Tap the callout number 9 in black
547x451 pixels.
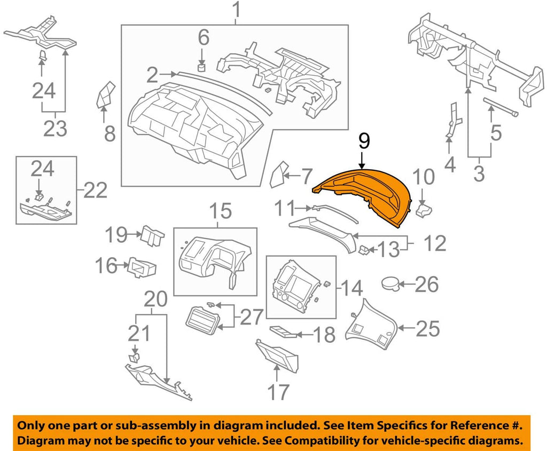point(363,141)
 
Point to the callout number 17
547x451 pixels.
point(277,392)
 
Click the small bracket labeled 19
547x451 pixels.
point(151,235)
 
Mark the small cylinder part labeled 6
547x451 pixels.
point(202,67)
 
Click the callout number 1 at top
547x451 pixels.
point(235,10)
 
